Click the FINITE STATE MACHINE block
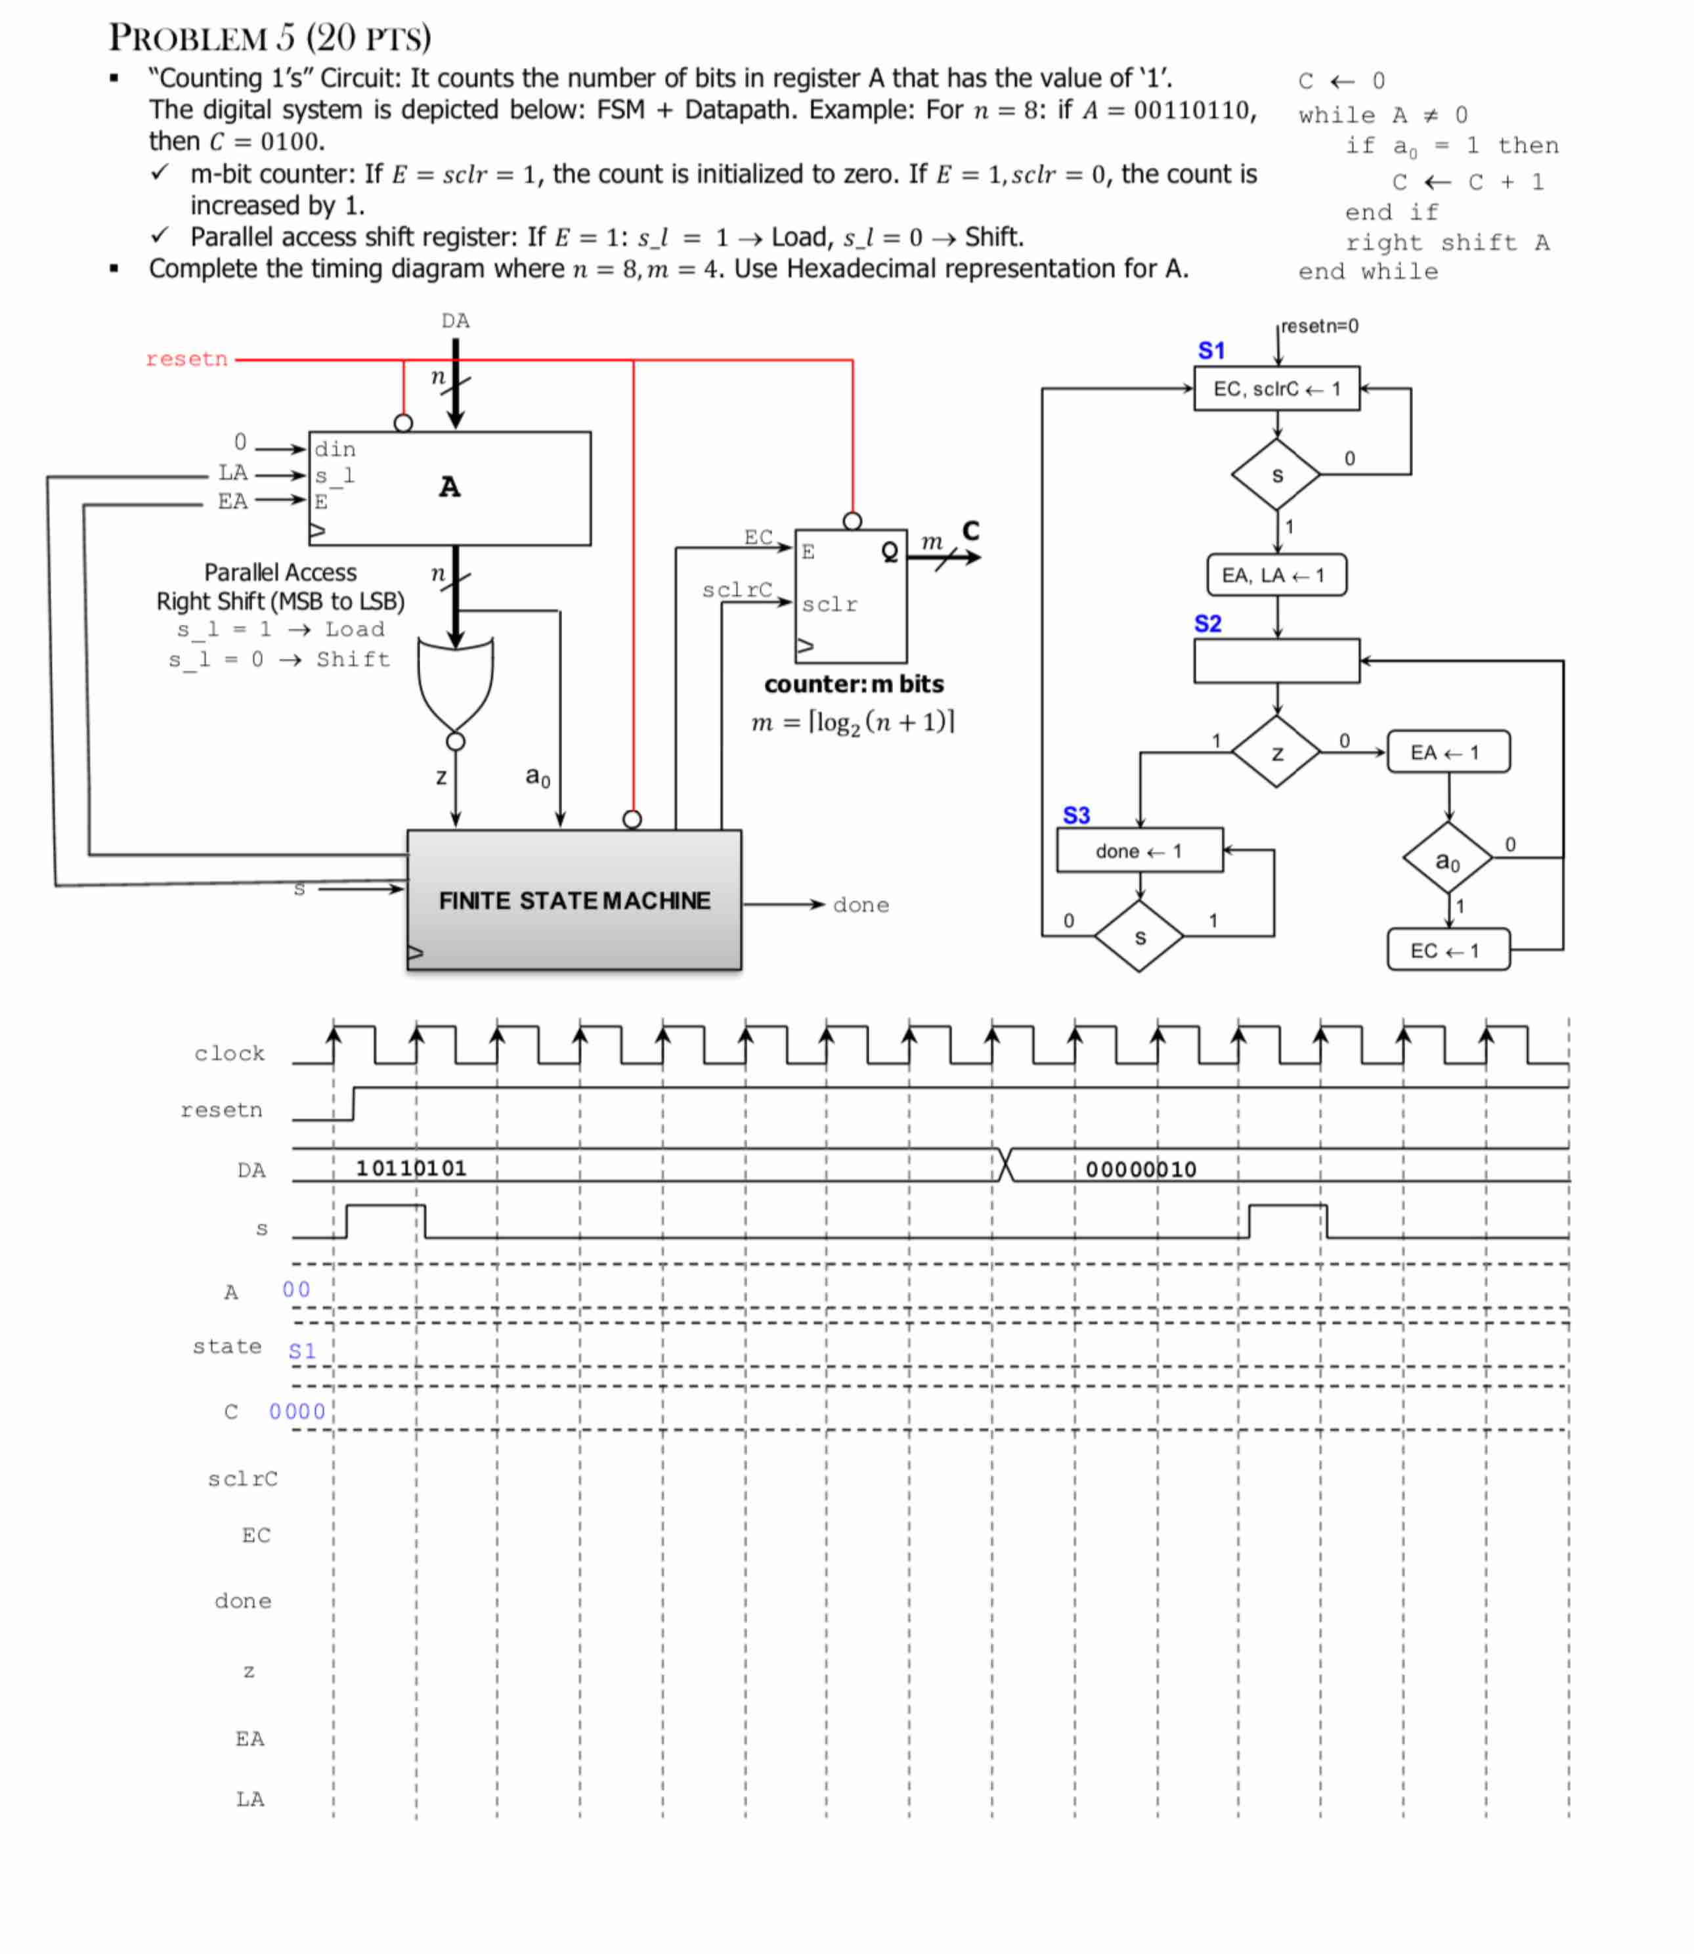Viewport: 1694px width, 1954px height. tap(574, 900)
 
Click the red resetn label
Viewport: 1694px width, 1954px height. tap(186, 359)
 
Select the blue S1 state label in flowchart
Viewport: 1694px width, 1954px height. tap(1211, 351)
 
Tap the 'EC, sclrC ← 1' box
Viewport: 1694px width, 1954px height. tap(1276, 389)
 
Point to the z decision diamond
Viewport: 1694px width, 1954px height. tap(1276, 752)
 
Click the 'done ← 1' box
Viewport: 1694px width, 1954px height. tap(1139, 851)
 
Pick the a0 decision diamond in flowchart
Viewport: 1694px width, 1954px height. tap(1447, 859)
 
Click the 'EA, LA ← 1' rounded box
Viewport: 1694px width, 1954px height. tap(1276, 575)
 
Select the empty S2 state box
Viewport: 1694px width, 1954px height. tap(1276, 661)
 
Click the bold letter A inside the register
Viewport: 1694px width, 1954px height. tap(450, 487)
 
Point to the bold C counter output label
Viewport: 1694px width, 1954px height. tap(971, 531)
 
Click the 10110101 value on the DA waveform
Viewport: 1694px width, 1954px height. tap(411, 1169)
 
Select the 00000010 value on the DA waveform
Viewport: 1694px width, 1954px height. tap(1141, 1169)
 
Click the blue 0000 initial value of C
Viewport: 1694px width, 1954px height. tap(297, 1412)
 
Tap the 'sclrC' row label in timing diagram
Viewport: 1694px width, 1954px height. tap(243, 1479)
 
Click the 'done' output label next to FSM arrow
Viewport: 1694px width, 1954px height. tap(860, 905)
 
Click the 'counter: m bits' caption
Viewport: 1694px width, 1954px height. tap(854, 684)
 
